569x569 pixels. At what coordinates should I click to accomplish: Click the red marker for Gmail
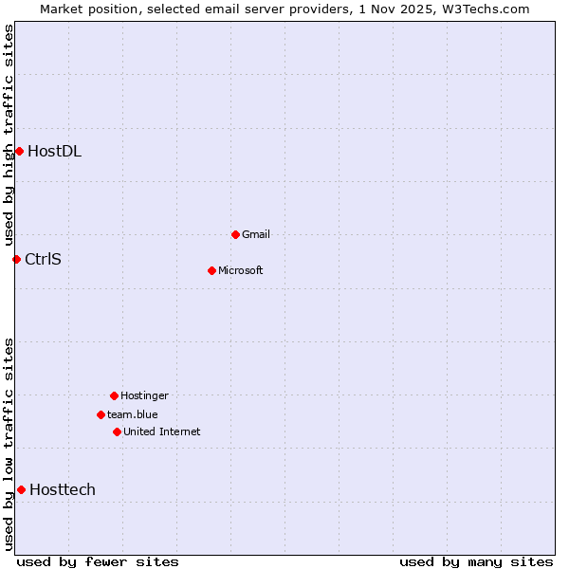(235, 234)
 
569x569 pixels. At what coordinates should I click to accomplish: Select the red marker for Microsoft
(211, 270)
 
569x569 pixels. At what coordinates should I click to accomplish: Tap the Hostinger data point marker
(114, 395)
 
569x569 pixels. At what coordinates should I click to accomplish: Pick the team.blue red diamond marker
(101, 414)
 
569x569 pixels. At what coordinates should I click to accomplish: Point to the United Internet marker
(117, 431)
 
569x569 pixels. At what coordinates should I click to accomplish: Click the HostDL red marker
(19, 151)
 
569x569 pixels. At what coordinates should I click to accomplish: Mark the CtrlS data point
(16, 259)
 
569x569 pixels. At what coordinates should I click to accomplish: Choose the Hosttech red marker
(21, 489)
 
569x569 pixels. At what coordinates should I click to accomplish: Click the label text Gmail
(256, 234)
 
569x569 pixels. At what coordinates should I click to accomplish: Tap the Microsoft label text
(241, 270)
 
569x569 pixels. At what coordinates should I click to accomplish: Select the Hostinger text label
(144, 395)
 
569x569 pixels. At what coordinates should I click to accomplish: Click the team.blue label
(133, 414)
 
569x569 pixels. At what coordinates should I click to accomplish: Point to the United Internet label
(162, 431)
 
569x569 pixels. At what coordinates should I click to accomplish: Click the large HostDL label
(54, 151)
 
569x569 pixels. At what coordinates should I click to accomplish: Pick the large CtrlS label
(43, 259)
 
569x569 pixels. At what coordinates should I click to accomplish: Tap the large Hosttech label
(63, 489)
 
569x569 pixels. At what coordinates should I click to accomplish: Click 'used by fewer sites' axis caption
(98, 561)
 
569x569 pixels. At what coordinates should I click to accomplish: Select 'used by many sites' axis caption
(476, 561)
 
